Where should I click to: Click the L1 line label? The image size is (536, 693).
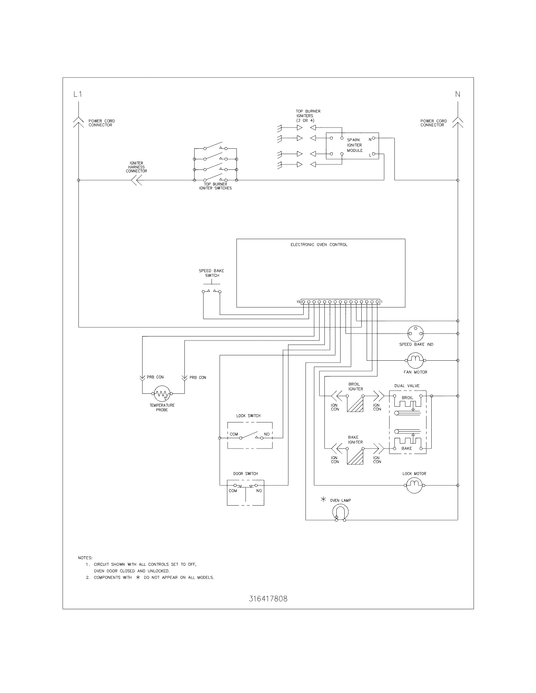click(78, 94)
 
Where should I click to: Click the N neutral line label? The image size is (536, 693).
click(457, 94)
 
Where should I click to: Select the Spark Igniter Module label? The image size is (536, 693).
click(354, 145)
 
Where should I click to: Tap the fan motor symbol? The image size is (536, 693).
click(415, 360)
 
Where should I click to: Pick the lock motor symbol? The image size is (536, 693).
click(414, 485)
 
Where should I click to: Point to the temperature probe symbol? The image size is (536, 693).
click(162, 393)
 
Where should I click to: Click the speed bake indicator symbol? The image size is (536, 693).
click(415, 334)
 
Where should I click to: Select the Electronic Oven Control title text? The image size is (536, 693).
click(319, 245)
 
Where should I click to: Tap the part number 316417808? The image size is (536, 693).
click(268, 599)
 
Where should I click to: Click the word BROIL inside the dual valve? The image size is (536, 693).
click(407, 398)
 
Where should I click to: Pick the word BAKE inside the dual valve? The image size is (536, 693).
click(406, 448)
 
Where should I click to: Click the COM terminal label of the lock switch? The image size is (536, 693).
click(234, 434)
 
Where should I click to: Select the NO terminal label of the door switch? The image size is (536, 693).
click(259, 490)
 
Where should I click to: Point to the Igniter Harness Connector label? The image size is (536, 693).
click(136, 167)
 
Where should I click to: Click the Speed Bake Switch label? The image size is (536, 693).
click(212, 273)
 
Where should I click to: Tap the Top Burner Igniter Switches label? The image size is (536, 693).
click(215, 186)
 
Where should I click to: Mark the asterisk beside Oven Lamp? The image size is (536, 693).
click(323, 500)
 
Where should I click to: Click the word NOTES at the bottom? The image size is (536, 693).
click(85, 558)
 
